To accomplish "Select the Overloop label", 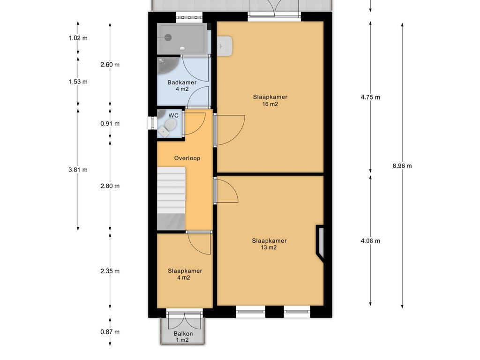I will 187,158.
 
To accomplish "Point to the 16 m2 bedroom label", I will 270,100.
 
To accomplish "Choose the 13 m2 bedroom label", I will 269,244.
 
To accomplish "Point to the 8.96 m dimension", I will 403,165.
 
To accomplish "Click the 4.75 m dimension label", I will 370,97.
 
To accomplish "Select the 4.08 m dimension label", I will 370,241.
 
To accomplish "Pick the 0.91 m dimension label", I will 110,124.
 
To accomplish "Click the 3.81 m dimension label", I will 78,170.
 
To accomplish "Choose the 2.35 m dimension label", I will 110,271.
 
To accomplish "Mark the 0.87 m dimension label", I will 110,332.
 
